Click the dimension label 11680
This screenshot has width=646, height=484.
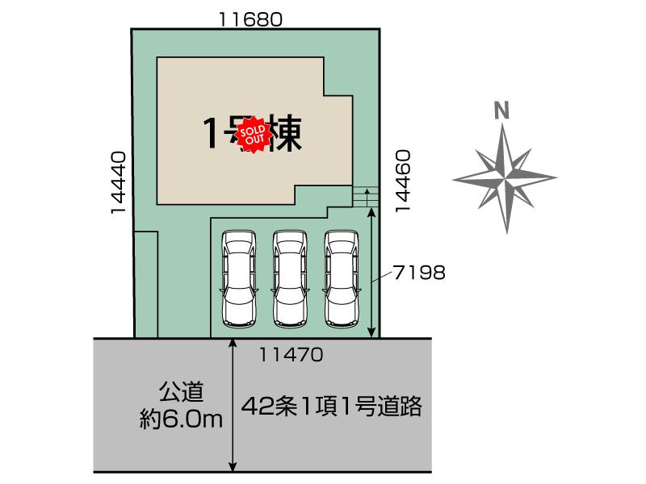[254, 19]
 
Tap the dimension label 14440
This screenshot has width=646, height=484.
[119, 183]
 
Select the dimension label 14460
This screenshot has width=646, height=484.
[404, 180]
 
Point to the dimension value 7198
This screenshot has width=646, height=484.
[420, 273]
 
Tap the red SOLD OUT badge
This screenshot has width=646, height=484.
[254, 136]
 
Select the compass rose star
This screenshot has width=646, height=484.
[505, 177]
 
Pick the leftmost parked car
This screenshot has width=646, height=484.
[238, 277]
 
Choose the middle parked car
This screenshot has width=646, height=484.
[290, 277]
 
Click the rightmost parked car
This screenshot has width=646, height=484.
[342, 277]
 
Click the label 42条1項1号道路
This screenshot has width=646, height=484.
[332, 407]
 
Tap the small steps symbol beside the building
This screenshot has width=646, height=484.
[365, 195]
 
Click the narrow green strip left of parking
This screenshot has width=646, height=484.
[146, 284]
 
